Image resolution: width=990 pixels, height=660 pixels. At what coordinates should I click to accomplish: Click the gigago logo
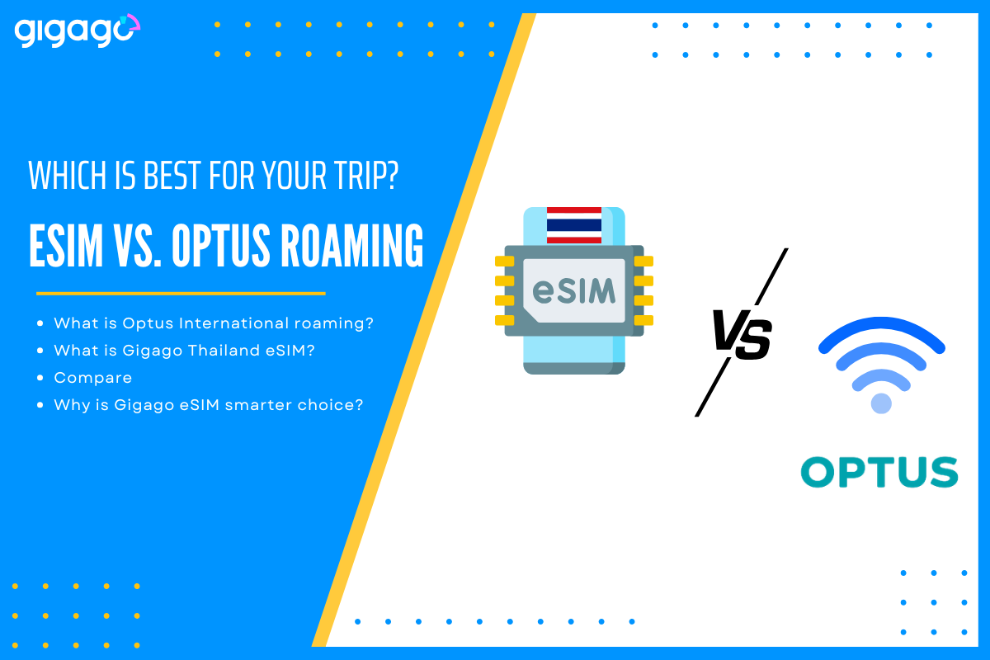[78, 31]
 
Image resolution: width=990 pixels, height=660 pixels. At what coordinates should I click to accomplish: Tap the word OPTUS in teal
[879, 472]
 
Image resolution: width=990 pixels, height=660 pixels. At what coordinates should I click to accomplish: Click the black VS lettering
[742, 334]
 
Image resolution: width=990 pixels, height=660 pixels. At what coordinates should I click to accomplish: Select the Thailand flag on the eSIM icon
[574, 225]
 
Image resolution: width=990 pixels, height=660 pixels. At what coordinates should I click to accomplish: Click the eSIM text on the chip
[573, 291]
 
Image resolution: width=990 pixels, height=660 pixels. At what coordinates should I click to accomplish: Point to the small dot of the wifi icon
[881, 403]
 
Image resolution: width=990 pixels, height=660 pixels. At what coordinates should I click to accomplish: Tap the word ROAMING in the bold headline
[352, 245]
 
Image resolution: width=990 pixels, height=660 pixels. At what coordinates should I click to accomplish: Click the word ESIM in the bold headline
[66, 245]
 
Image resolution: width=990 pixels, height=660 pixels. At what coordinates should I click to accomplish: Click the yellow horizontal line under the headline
[181, 293]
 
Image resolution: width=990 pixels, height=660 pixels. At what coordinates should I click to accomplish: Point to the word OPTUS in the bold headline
[221, 245]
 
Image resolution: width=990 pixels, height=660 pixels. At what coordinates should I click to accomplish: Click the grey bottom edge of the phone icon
[574, 368]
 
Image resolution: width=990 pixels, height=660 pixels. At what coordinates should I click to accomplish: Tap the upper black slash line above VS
[771, 276]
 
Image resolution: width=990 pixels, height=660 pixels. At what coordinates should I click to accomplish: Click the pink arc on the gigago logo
[134, 21]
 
